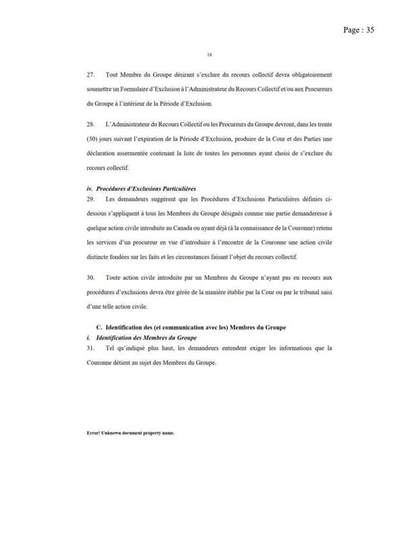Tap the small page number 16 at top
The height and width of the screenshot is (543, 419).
coord(210,55)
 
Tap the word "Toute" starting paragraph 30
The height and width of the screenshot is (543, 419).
coord(114,277)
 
